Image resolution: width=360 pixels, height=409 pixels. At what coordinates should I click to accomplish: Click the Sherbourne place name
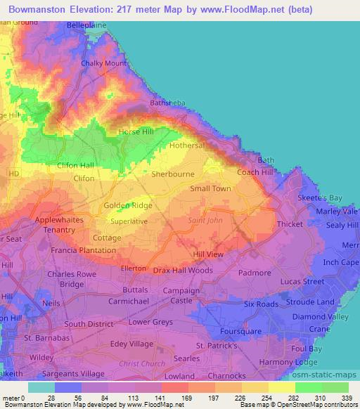pos(171,172)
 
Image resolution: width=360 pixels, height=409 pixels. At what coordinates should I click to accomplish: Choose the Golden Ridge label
pos(128,205)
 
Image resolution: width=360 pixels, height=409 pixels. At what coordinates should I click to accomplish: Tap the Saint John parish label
pos(205,221)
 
